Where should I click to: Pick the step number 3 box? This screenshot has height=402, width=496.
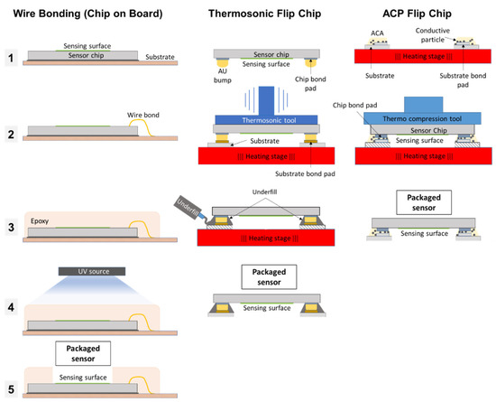pos(12,225)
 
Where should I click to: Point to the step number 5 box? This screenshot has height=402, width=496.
pos(12,390)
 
